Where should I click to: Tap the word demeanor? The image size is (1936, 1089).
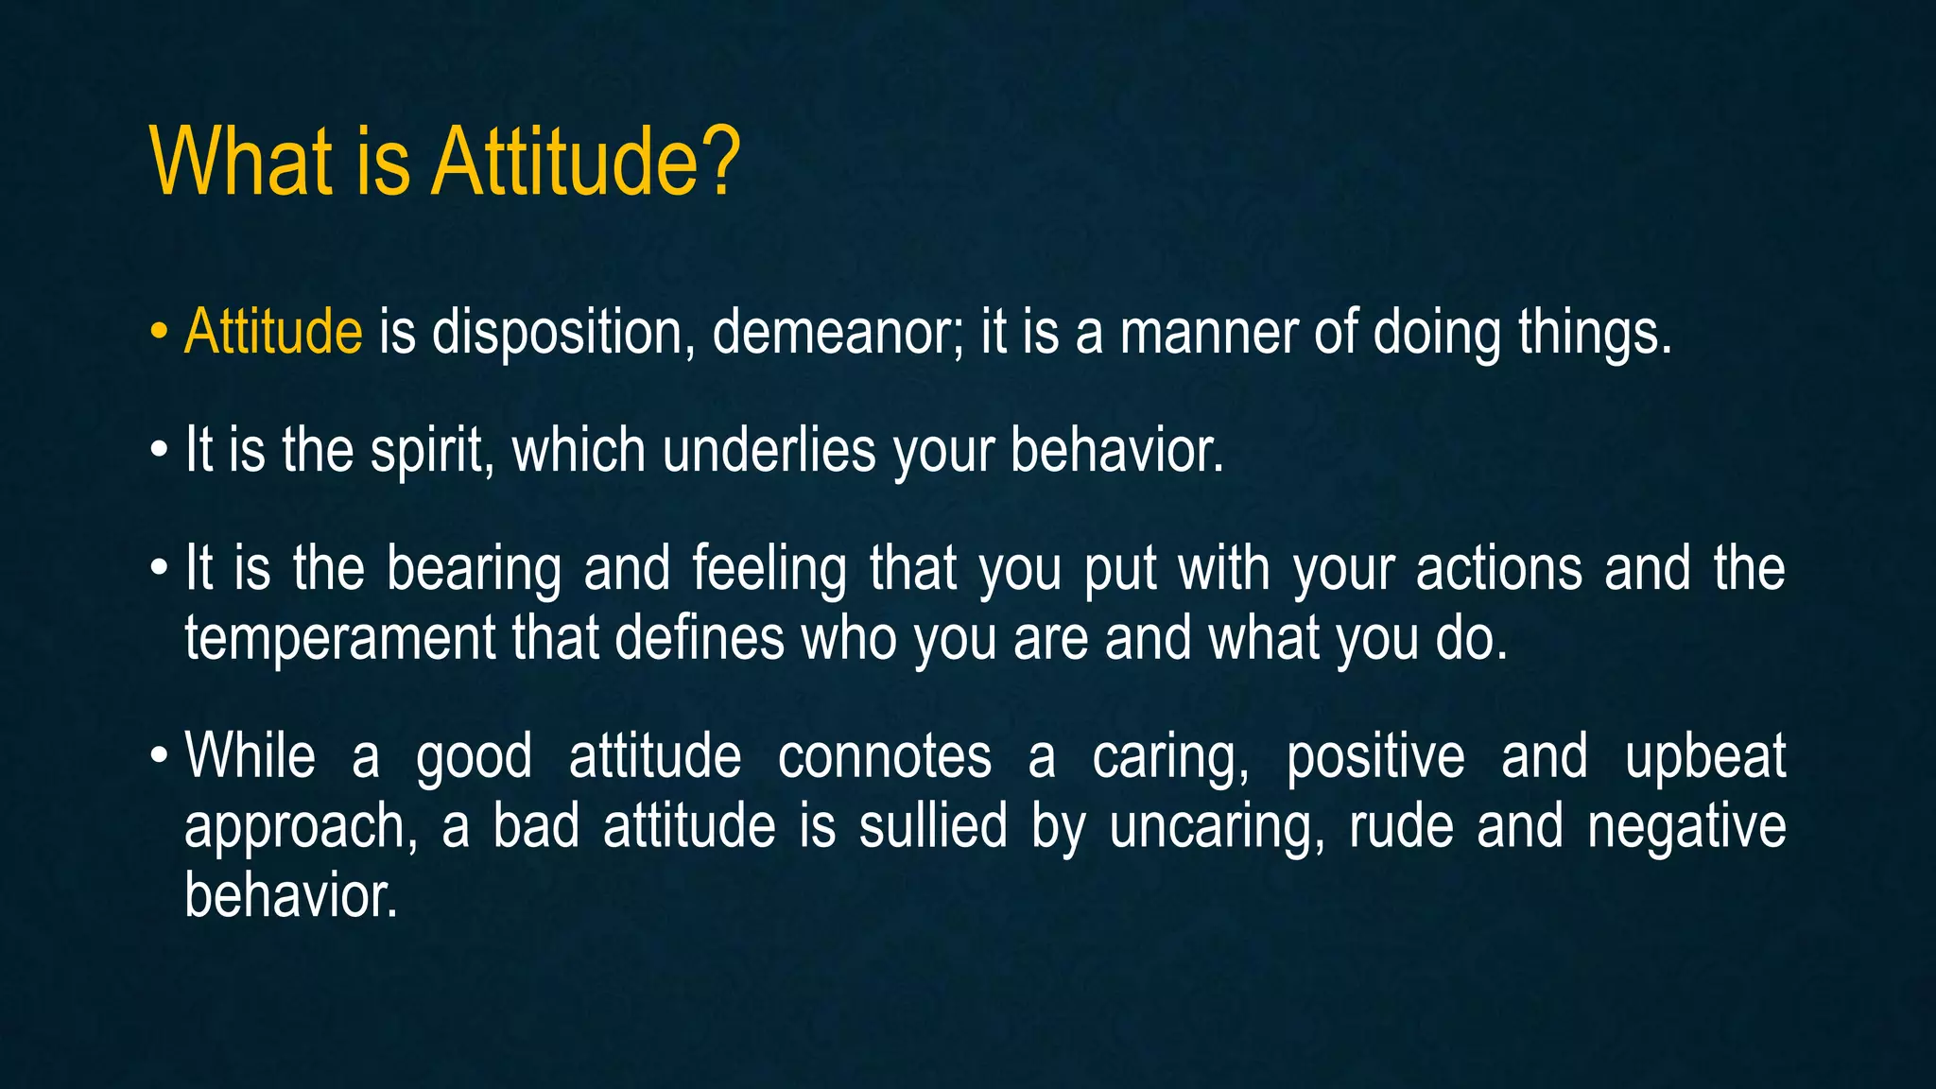point(838,333)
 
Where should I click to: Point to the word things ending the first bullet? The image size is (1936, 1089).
point(1594,335)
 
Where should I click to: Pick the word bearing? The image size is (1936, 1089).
point(474,570)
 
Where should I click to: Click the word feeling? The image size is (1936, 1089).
point(769,570)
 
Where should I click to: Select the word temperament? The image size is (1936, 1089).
point(339,638)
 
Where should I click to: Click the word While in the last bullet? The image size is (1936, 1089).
point(251,755)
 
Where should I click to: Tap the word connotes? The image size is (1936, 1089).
point(884,757)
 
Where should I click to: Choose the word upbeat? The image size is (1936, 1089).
point(1704,757)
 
